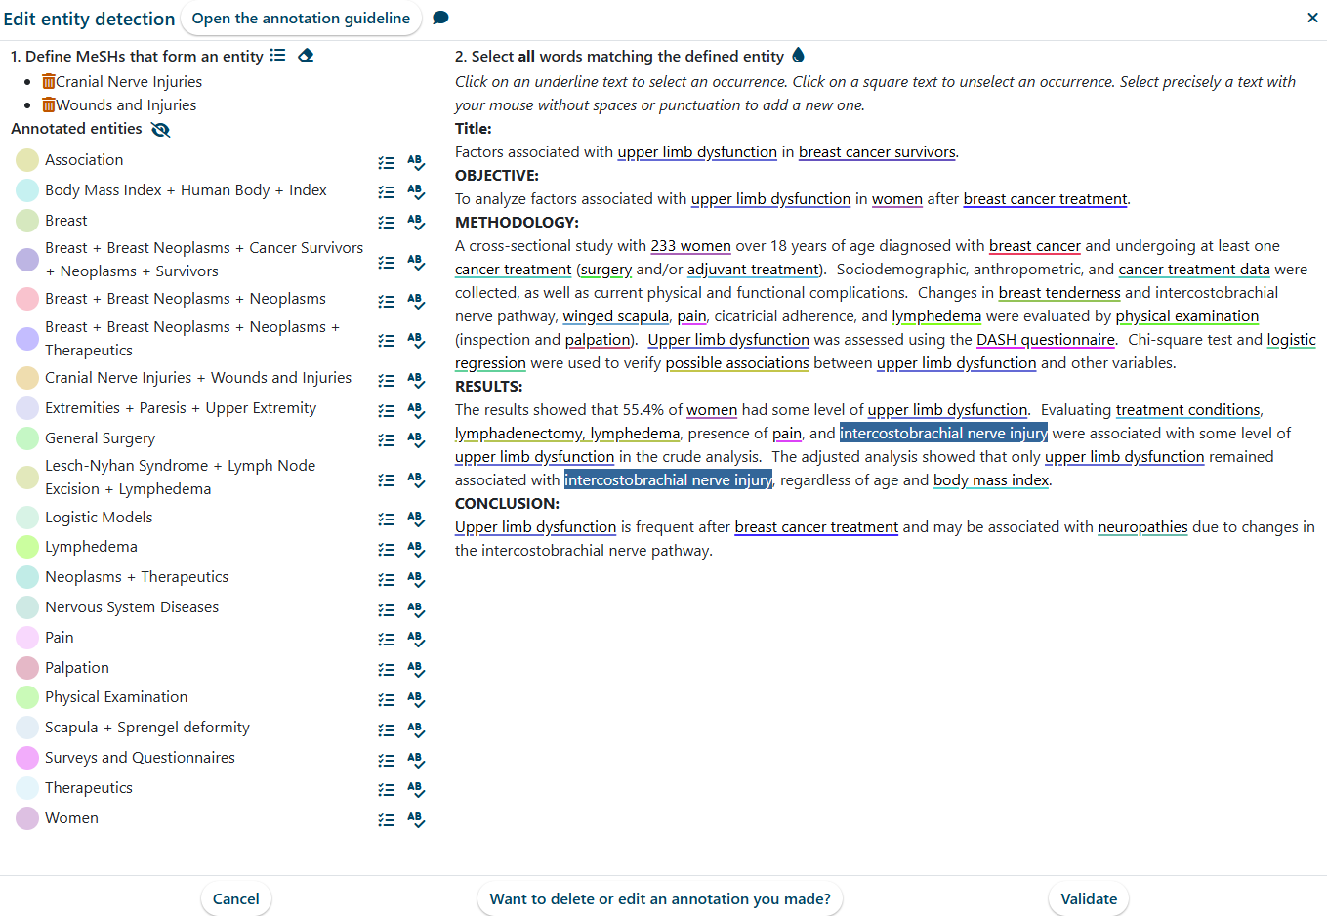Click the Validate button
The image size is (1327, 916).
tap(1088, 898)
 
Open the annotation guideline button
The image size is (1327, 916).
tap(301, 19)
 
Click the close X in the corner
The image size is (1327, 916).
tap(1312, 18)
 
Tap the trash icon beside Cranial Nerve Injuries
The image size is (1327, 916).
tap(49, 81)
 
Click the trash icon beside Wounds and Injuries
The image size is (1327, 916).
tap(49, 104)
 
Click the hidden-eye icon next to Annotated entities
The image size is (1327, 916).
tap(161, 129)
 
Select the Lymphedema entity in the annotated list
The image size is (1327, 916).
tap(91, 547)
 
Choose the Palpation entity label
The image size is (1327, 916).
tap(77, 668)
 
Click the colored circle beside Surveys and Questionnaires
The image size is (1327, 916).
tap(27, 758)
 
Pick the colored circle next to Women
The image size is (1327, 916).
tap(27, 818)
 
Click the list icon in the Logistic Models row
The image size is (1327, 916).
tap(387, 519)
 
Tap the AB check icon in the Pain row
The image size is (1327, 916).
tap(416, 639)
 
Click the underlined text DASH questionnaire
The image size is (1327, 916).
tap(1045, 340)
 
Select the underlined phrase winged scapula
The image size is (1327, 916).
tap(615, 316)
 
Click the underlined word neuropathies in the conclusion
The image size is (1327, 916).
tap(1142, 527)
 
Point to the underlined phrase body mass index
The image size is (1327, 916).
tap(990, 480)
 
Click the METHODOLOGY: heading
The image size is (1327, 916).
tap(517, 223)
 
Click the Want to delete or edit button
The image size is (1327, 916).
tap(660, 898)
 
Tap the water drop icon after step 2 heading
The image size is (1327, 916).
tap(799, 56)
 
